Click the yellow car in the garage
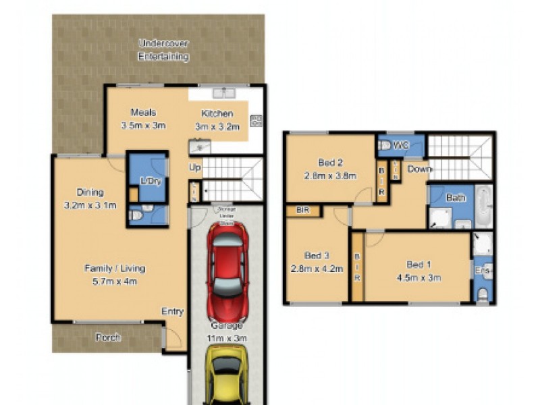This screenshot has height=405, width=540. pos(227,375)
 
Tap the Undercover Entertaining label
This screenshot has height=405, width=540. pos(163,51)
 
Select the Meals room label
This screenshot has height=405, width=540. pos(143,113)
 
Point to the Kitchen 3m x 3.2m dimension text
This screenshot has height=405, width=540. pos(217,126)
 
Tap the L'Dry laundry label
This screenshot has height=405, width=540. pos(148,180)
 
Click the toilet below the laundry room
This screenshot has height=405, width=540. pos(136,215)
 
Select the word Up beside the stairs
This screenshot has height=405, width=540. pos(195,166)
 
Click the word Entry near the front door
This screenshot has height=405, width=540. pos(172,311)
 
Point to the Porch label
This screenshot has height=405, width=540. pos(107,337)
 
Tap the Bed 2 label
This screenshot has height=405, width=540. pos(331,162)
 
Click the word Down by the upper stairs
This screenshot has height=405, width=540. pos(419,169)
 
